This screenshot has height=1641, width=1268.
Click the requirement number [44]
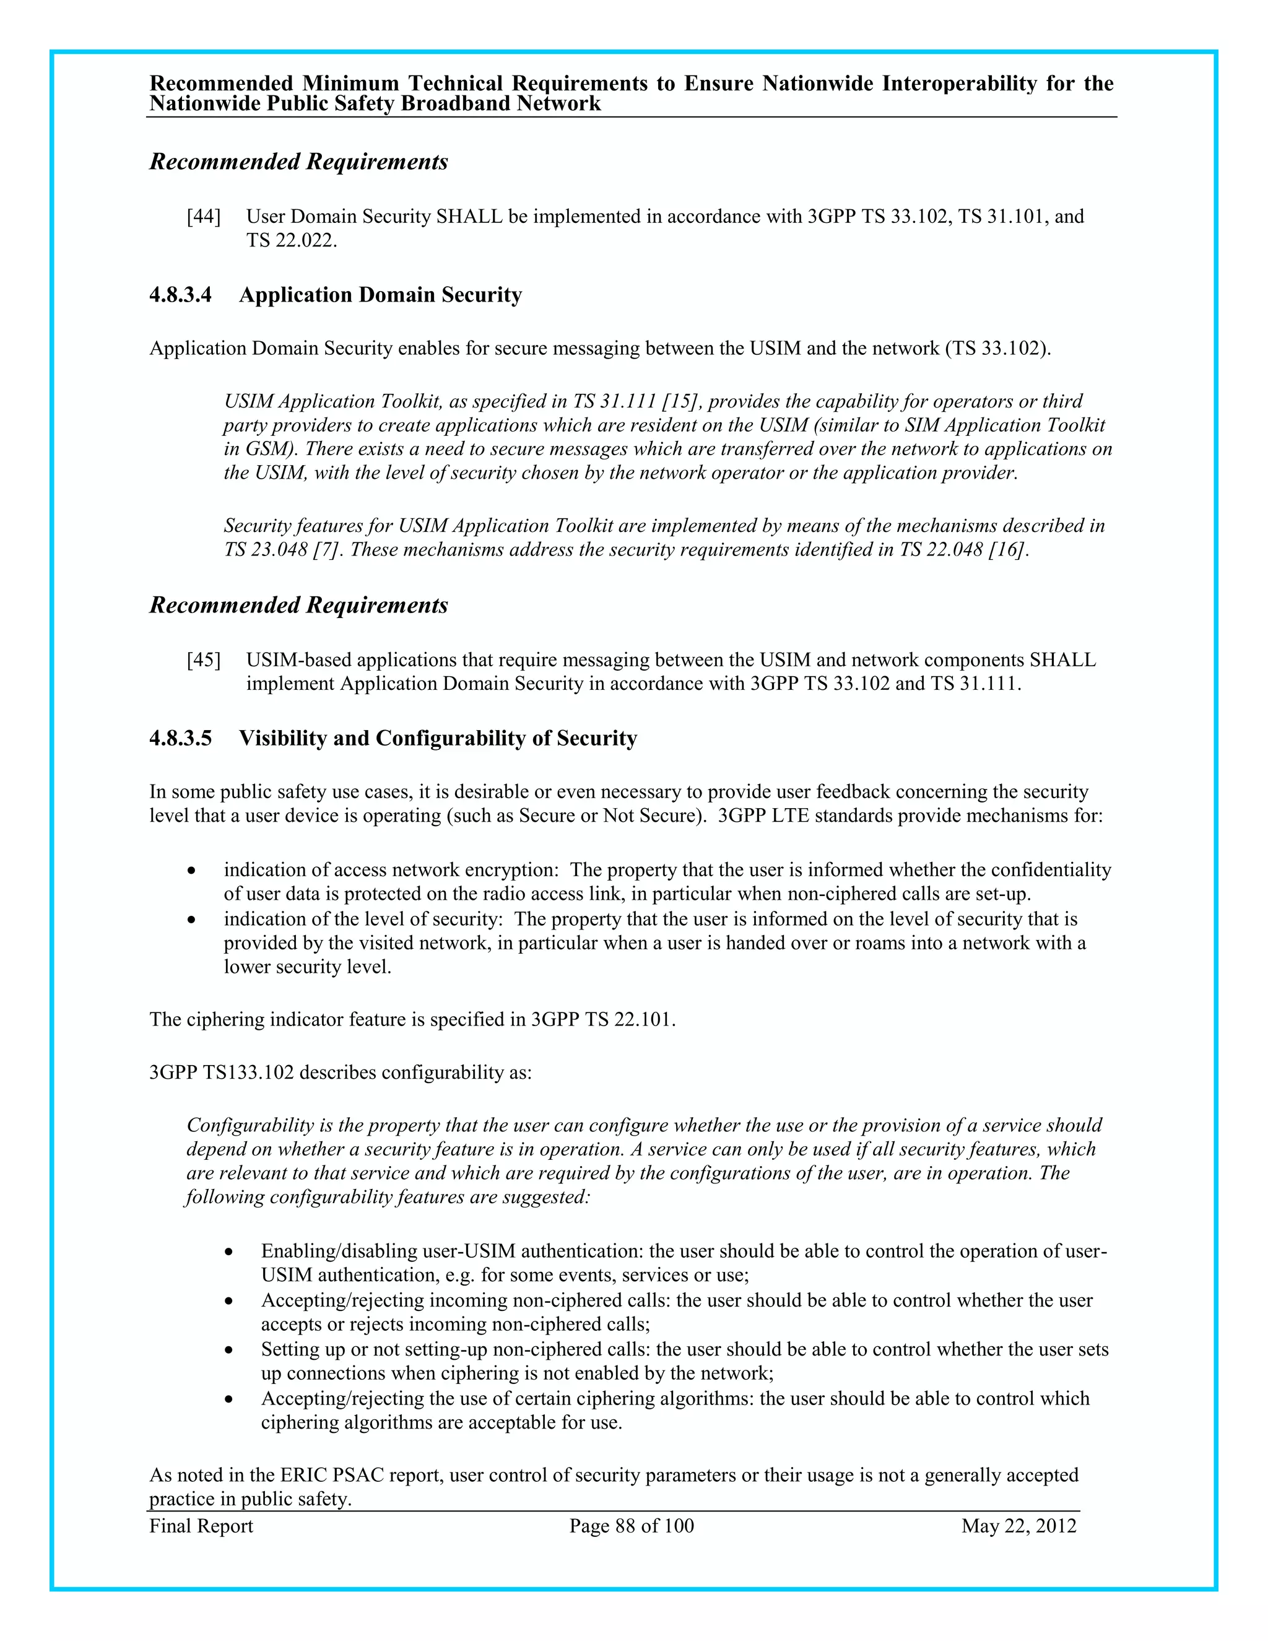204,217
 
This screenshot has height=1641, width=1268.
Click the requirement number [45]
204,661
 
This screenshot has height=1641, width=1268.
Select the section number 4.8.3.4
180,295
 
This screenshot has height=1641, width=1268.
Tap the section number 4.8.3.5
180,739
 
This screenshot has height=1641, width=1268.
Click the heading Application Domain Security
380,295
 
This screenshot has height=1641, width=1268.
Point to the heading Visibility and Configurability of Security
438,739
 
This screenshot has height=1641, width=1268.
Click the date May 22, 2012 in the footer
1018,1526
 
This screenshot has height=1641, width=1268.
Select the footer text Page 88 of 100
631,1526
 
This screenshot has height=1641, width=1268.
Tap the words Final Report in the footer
201,1526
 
